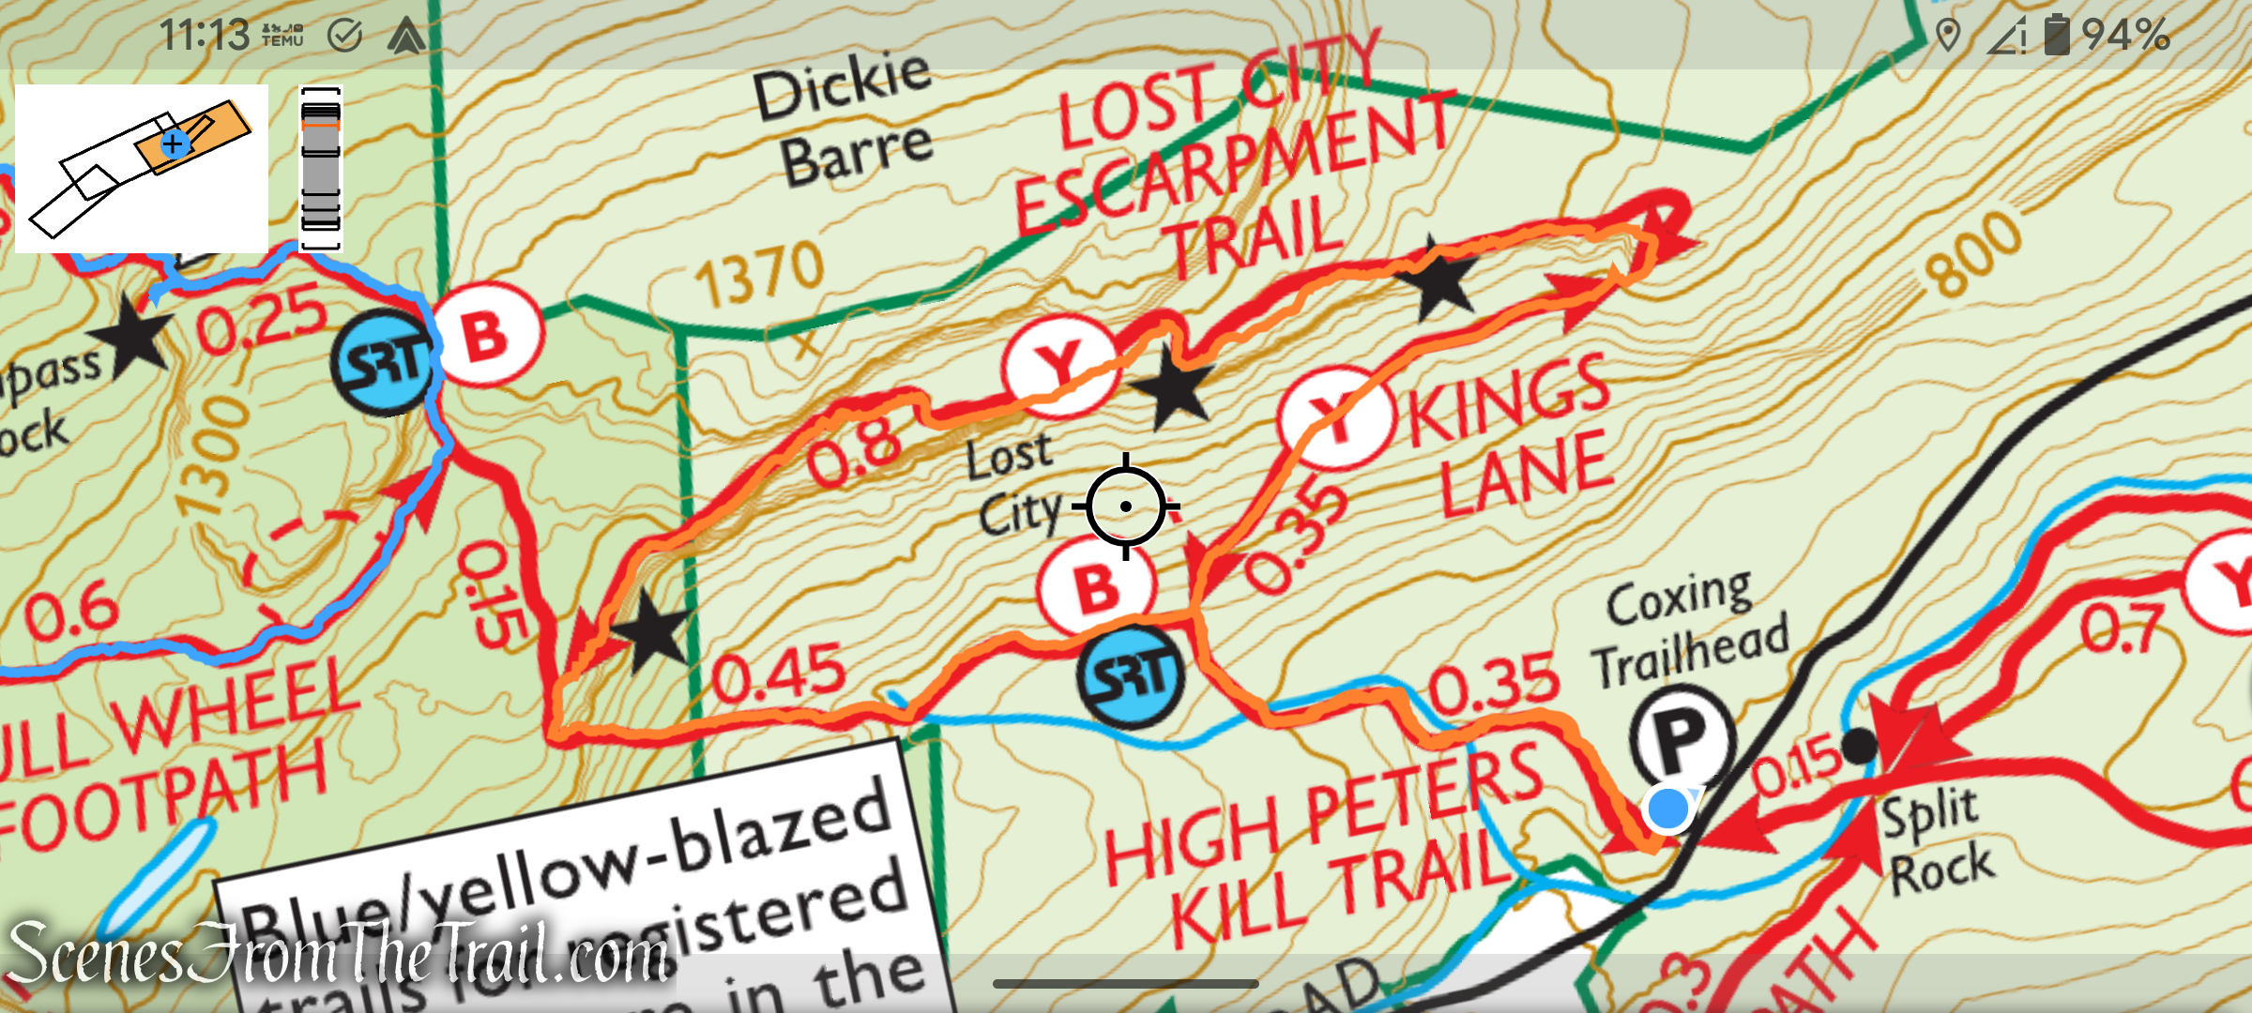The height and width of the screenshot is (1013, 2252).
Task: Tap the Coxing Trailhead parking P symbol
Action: tap(1681, 737)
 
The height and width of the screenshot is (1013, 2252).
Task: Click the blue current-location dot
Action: tap(1667, 809)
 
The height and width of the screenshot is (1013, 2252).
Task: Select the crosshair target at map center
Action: tap(1125, 506)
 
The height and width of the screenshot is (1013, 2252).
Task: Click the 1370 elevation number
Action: tap(759, 273)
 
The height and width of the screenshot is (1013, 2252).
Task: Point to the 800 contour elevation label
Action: tap(1972, 253)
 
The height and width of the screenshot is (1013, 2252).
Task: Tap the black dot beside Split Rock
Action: tap(1858, 747)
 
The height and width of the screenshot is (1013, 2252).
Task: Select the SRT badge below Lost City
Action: tap(1130, 676)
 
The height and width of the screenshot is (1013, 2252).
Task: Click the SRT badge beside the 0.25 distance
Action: tap(383, 362)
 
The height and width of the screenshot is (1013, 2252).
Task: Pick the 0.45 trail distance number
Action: tap(778, 673)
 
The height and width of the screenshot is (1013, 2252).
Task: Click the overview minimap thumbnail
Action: tap(142, 169)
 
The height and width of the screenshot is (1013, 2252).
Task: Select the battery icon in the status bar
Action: tap(2056, 35)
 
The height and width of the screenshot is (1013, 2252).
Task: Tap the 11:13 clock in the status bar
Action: tap(204, 36)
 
